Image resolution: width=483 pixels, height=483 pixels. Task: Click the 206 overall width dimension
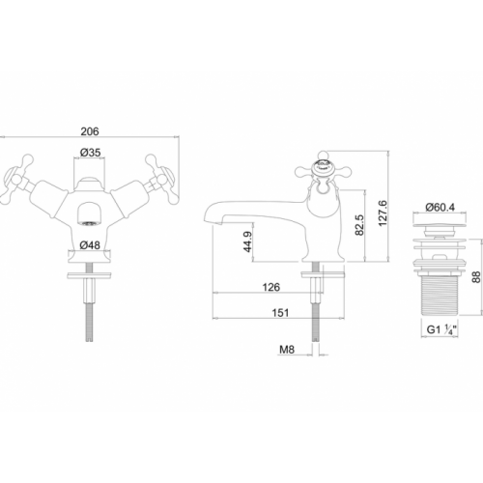[90, 131]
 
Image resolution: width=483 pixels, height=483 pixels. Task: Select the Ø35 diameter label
[90, 153]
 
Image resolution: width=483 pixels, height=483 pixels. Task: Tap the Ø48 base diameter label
[90, 245]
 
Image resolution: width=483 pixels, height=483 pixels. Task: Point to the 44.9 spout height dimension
[247, 241]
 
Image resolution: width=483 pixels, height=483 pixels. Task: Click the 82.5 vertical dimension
[359, 225]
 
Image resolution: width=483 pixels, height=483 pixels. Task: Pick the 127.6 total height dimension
[383, 213]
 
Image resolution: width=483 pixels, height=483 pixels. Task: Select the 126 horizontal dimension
[271, 287]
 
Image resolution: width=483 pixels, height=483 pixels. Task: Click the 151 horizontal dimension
[280, 313]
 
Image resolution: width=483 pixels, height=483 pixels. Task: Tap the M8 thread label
[287, 350]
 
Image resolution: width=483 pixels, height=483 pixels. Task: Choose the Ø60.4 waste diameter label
[440, 207]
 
